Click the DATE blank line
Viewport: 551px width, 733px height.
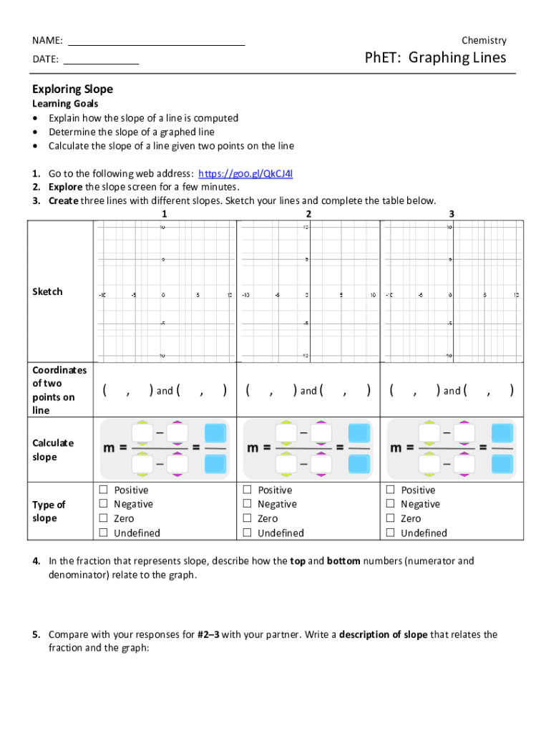pyautogui.click(x=101, y=64)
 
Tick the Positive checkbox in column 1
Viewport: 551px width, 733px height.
pyautogui.click(x=103, y=490)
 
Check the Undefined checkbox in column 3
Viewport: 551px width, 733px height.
pyautogui.click(x=391, y=533)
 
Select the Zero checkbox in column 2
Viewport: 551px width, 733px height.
pyautogui.click(x=247, y=518)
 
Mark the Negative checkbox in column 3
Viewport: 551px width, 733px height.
pyautogui.click(x=391, y=504)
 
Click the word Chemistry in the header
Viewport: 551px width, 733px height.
pyautogui.click(x=484, y=40)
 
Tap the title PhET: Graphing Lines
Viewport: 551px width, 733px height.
pyautogui.click(x=435, y=57)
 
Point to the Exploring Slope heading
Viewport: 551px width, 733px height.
pyautogui.click(x=72, y=89)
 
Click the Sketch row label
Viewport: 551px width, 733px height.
pyautogui.click(x=47, y=291)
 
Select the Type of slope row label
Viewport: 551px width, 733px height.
pyautogui.click(x=49, y=511)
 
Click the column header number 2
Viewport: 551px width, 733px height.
pyautogui.click(x=308, y=214)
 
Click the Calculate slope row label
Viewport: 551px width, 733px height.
pyautogui.click(x=52, y=450)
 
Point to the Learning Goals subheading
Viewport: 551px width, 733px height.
pyautogui.click(x=65, y=104)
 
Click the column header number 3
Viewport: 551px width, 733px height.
pyautogui.click(x=452, y=214)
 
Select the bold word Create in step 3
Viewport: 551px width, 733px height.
pyautogui.click(x=64, y=200)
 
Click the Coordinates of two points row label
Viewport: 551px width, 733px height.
pyautogui.click(x=59, y=390)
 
